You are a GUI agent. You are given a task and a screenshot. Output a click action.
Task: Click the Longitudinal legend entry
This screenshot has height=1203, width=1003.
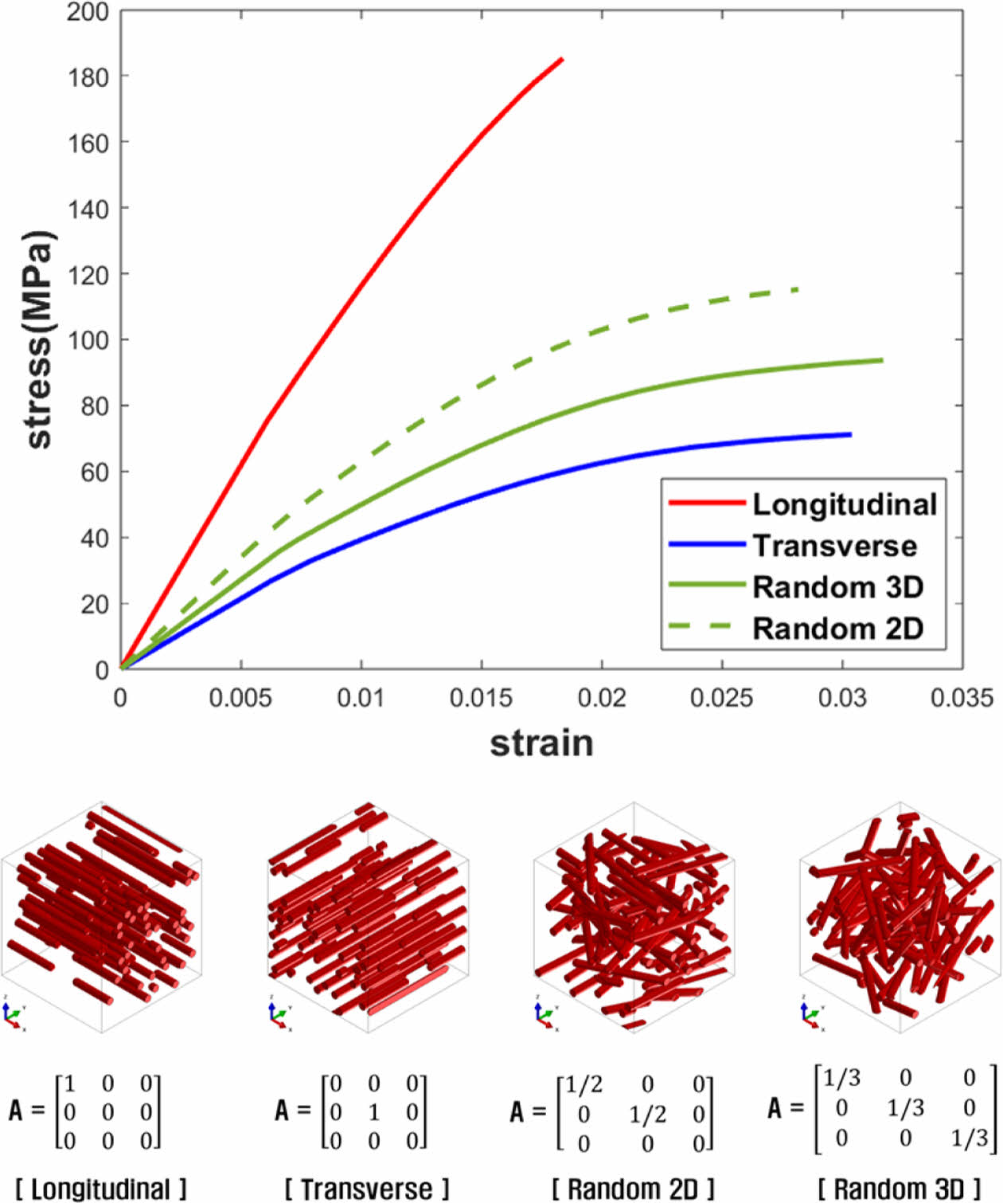(845, 504)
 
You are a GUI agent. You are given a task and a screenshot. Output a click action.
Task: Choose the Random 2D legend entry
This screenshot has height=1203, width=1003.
(837, 629)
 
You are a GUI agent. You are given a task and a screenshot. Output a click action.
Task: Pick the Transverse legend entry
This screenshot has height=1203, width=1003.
(834, 546)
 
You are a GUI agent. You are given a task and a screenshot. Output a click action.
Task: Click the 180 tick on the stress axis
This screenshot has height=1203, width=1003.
(88, 77)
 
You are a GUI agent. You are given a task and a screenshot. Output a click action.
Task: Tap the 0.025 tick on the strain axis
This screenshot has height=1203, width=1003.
(721, 699)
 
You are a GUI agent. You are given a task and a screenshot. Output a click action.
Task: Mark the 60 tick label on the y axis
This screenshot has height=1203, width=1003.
(94, 472)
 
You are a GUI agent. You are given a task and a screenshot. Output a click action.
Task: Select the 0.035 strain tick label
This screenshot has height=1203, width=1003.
(962, 699)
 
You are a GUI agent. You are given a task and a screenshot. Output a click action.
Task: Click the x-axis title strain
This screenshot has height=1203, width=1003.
(541, 743)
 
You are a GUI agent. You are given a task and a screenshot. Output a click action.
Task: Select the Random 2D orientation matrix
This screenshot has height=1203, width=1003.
(611, 1113)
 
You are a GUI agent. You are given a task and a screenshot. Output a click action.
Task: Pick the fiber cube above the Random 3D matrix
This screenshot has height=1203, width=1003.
(900, 916)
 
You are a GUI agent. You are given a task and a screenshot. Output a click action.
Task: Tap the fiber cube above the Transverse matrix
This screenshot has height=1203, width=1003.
(368, 916)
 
